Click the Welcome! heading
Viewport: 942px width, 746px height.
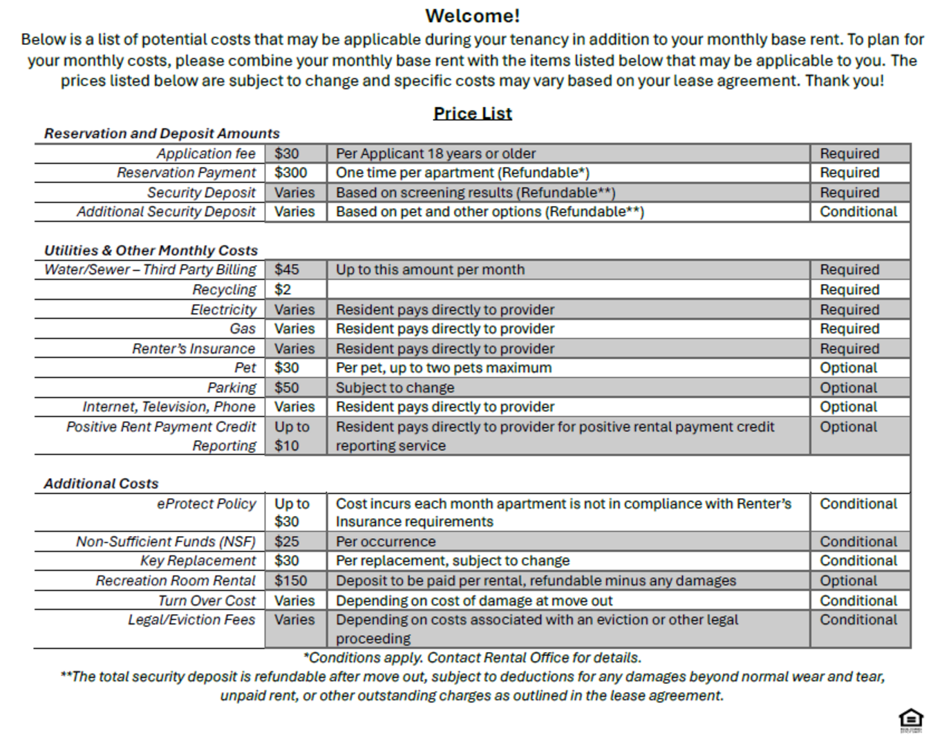(472, 16)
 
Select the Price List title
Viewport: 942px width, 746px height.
(472, 113)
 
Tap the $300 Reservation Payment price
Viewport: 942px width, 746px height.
(290, 173)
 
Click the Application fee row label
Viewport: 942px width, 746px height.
(205, 153)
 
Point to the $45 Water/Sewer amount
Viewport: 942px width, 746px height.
(286, 269)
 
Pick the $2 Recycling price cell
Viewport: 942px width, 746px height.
(283, 289)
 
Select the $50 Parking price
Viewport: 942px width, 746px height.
(286, 388)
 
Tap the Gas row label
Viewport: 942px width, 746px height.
(243, 329)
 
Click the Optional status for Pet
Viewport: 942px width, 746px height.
(848, 368)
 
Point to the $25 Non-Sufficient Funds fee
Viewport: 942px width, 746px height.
(286, 542)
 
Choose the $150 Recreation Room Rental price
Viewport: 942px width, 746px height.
(290, 581)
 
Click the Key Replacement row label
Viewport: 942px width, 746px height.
(198, 561)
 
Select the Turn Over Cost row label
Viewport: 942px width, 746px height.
(206, 601)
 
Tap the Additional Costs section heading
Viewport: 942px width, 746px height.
(101, 484)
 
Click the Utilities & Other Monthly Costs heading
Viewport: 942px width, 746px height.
(151, 250)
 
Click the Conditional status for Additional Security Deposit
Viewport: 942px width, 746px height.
(858, 212)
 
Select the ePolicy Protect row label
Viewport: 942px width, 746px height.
(206, 504)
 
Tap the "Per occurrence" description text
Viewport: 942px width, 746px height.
(386, 542)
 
